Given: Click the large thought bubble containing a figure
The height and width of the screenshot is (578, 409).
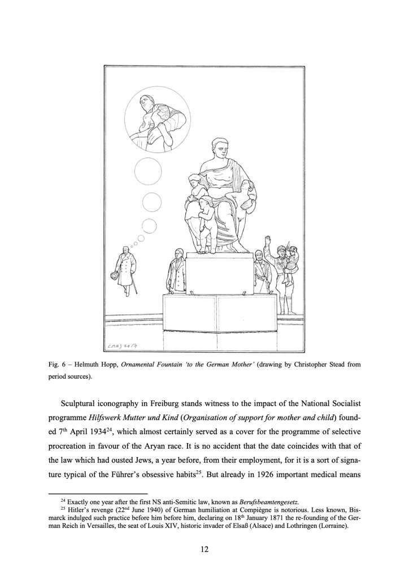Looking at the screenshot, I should point(150,119).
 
